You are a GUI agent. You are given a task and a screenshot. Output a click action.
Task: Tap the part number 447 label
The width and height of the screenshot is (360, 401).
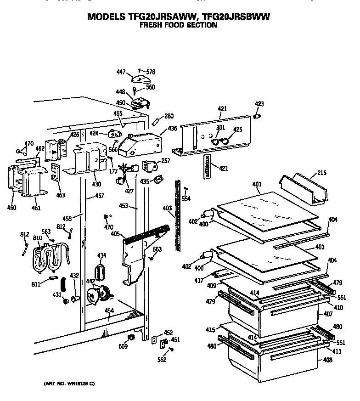click(x=120, y=72)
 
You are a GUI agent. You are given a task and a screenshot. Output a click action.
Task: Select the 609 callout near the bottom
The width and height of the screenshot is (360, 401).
click(x=123, y=347)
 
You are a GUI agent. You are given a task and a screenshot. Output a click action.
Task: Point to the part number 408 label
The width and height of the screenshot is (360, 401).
click(x=327, y=360)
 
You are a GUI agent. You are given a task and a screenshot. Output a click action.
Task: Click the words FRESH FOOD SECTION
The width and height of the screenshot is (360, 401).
click(x=178, y=25)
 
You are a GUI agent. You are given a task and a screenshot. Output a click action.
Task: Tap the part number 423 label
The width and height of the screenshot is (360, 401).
click(x=259, y=104)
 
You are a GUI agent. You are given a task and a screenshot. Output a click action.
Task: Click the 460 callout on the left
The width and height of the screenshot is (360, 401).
click(x=11, y=208)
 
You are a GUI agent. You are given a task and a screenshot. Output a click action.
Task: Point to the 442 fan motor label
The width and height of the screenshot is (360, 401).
click(x=90, y=281)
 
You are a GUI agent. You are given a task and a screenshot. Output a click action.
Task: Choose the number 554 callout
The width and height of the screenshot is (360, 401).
click(x=186, y=198)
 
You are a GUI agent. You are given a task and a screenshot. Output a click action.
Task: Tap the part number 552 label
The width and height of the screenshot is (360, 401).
click(x=161, y=360)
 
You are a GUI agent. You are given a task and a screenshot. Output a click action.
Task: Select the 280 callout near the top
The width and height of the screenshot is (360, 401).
click(x=169, y=116)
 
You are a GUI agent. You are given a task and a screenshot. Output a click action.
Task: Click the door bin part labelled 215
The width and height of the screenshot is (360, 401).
click(x=305, y=188)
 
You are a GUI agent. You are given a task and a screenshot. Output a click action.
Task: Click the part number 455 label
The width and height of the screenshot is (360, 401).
click(x=118, y=113)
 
